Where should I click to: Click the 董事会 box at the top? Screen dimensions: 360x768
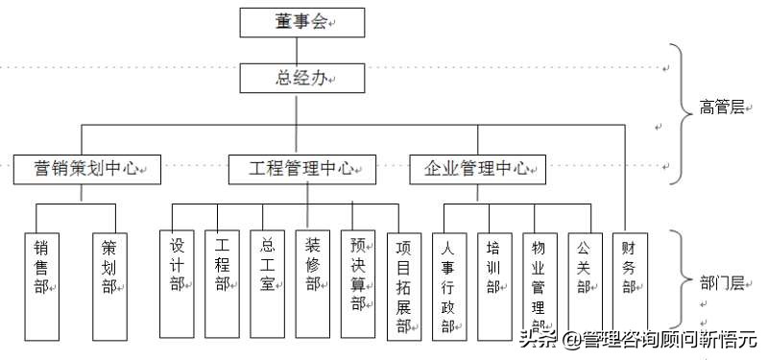coord(302,20)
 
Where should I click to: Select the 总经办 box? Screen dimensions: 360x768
coord(302,77)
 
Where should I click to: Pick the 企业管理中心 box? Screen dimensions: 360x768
coord(478,170)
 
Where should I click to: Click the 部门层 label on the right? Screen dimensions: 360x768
coord(722,282)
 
